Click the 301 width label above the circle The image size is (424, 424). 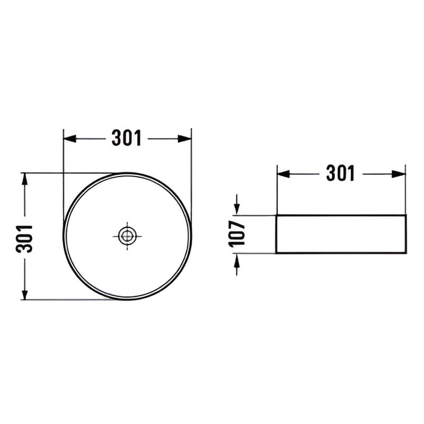(x=127, y=138)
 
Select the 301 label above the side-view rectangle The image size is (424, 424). (x=340, y=173)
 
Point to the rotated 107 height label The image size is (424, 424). (x=237, y=234)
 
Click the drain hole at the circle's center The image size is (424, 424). (x=127, y=236)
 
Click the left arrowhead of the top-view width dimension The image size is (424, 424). (x=69, y=139)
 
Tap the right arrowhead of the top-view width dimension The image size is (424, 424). (x=184, y=139)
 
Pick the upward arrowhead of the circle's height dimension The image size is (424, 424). (x=24, y=179)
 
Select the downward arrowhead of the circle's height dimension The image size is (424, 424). (x=24, y=293)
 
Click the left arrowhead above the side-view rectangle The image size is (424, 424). (x=284, y=174)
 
